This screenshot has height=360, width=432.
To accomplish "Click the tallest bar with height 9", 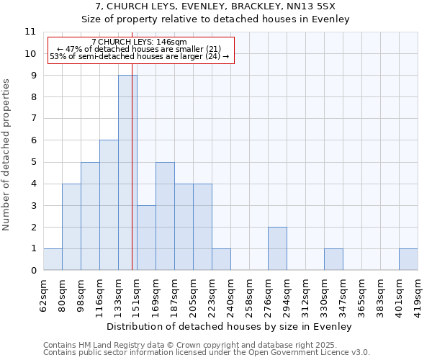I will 127,173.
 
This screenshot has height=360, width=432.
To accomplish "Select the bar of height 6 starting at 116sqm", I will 109,205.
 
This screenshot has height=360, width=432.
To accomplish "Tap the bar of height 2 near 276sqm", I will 277,248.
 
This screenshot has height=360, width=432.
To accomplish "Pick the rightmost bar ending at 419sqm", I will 408,259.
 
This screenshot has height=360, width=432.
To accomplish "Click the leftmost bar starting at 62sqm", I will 53,259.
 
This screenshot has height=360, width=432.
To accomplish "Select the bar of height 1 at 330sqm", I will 333,259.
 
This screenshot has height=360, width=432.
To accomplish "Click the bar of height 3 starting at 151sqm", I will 146,238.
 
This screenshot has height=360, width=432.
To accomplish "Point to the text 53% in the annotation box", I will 58,56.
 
